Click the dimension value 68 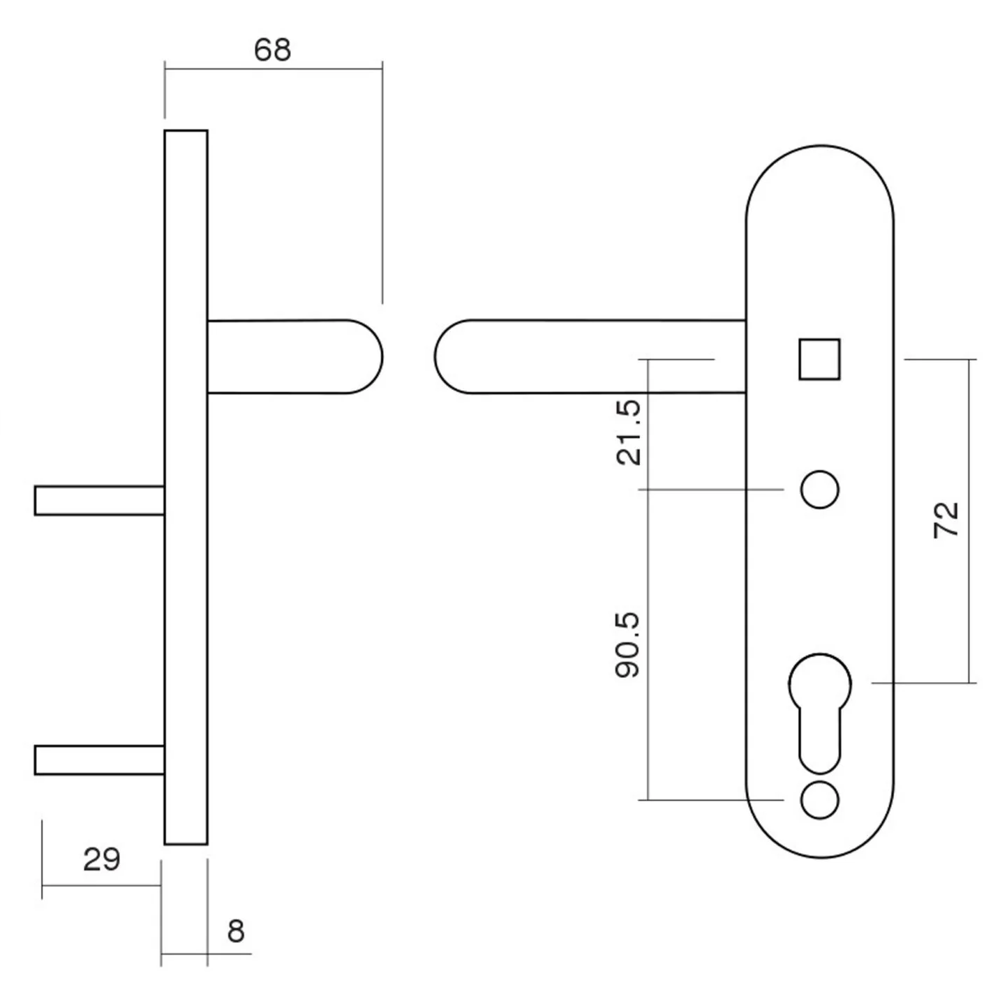click(272, 50)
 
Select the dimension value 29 click(101, 859)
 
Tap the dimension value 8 click(236, 931)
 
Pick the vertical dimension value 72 click(946, 520)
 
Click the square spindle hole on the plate click(819, 359)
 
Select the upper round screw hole click(819, 489)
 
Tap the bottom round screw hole click(819, 800)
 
